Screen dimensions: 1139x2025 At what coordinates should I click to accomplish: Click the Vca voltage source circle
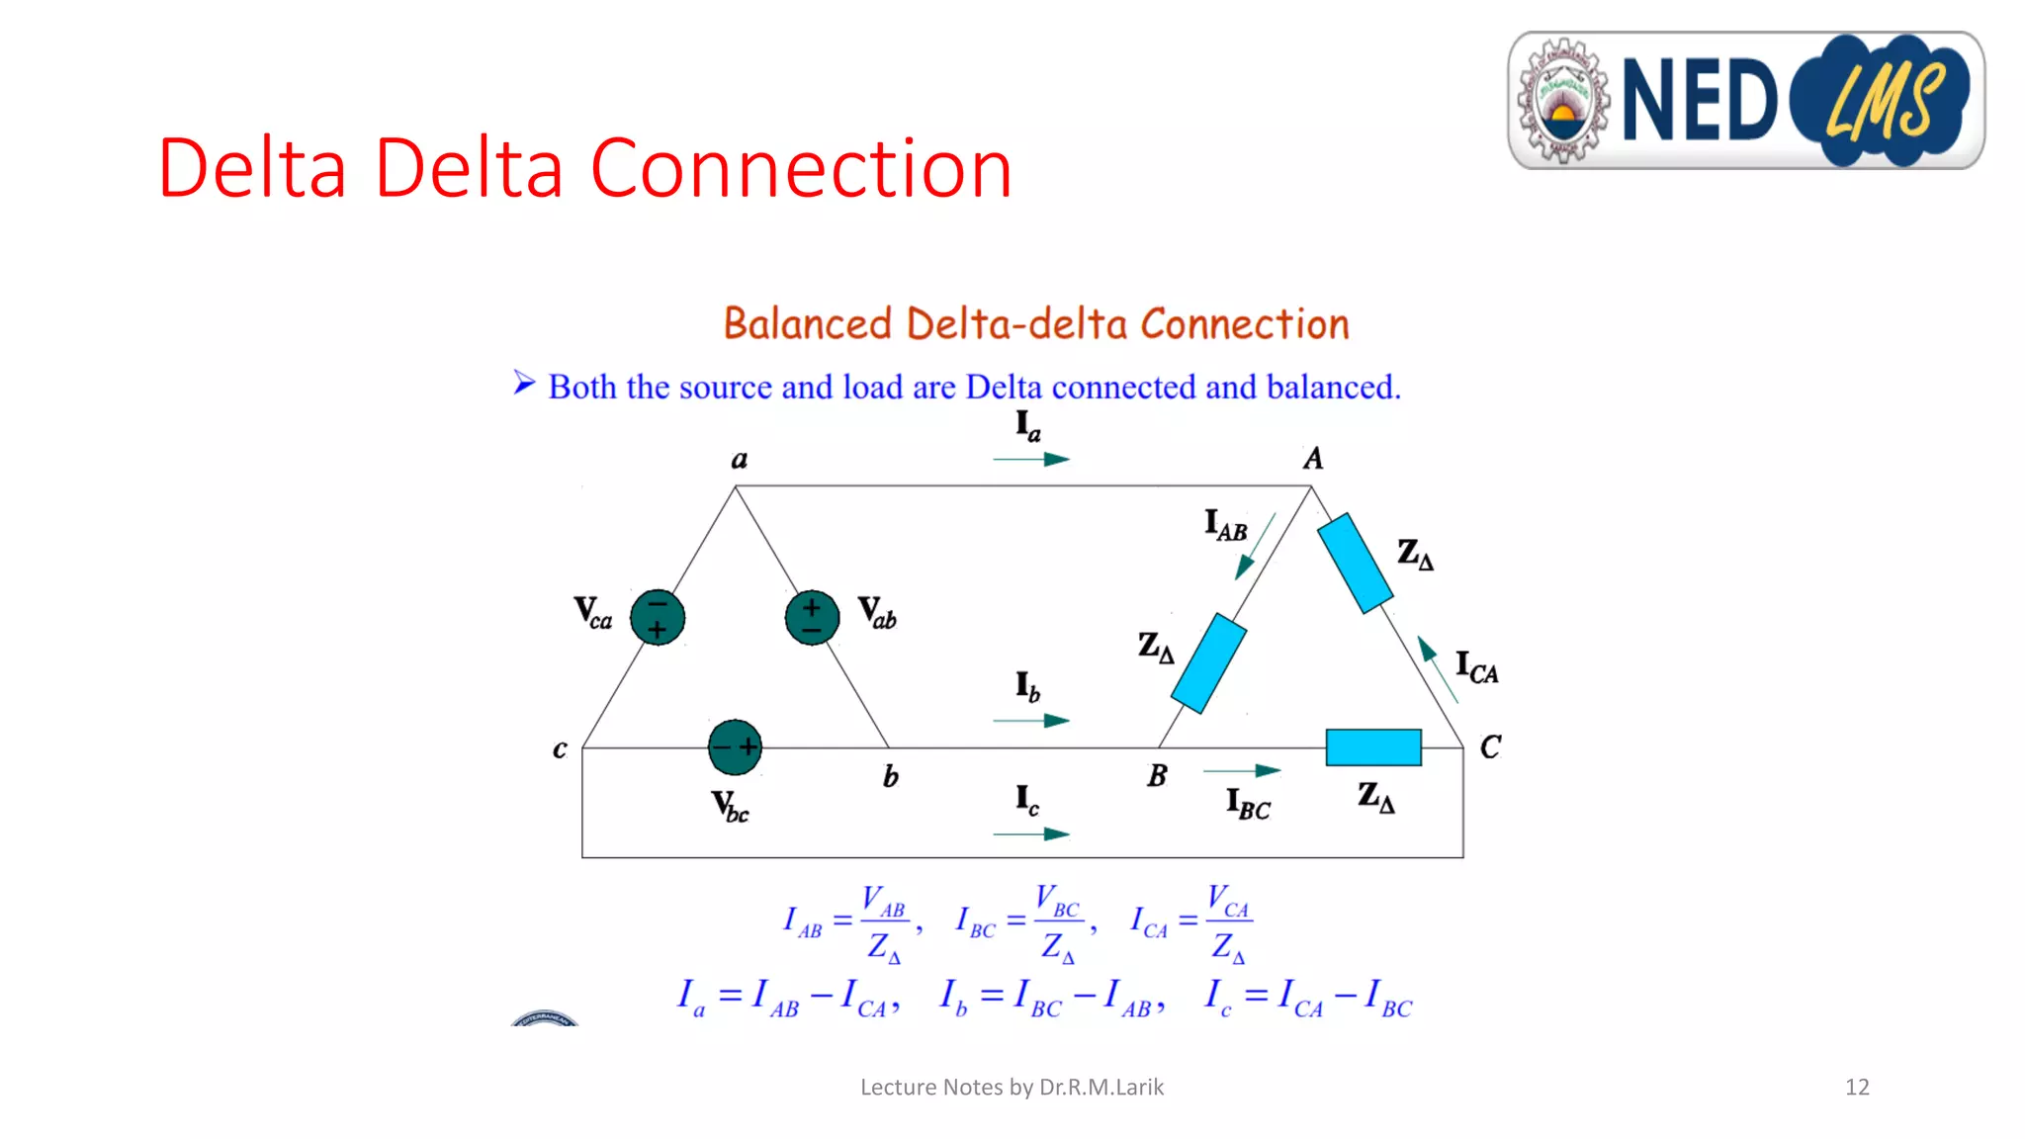pyautogui.click(x=658, y=617)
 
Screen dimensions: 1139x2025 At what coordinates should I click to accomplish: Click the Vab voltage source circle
pyautogui.click(x=812, y=617)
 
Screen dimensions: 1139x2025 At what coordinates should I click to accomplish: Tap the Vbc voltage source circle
pyautogui.click(x=735, y=747)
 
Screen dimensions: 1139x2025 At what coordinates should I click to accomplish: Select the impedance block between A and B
pyautogui.click(x=1208, y=663)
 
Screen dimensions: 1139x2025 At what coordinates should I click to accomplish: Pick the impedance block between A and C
pyautogui.click(x=1355, y=563)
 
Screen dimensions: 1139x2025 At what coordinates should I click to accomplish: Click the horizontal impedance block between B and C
pyautogui.click(x=1372, y=747)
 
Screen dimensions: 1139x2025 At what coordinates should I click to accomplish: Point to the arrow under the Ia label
pyautogui.click(x=1031, y=459)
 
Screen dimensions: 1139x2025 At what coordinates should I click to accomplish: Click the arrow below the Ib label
pyautogui.click(x=1031, y=721)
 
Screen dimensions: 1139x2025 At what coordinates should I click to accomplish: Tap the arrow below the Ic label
pyautogui.click(x=1031, y=834)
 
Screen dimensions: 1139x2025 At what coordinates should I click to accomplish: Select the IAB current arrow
pyautogui.click(x=1255, y=547)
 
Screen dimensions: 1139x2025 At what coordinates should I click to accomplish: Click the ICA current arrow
pyautogui.click(x=1437, y=669)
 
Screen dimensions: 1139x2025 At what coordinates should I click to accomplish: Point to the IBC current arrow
pyautogui.click(x=1242, y=770)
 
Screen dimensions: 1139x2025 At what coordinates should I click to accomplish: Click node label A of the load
pyautogui.click(x=1313, y=459)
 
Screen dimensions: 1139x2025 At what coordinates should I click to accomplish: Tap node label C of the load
pyautogui.click(x=1490, y=747)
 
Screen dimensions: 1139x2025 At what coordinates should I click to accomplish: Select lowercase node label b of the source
pyautogui.click(x=890, y=777)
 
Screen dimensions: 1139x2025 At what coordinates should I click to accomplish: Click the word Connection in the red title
pyautogui.click(x=801, y=168)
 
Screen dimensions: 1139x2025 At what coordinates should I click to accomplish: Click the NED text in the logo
pyautogui.click(x=1699, y=101)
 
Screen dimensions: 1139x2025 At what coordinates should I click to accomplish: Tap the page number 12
pyautogui.click(x=1857, y=1088)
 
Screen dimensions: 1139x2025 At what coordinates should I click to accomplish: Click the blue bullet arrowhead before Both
pyautogui.click(x=524, y=383)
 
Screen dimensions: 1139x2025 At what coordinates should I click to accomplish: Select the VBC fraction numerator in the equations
pyautogui.click(x=1057, y=901)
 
